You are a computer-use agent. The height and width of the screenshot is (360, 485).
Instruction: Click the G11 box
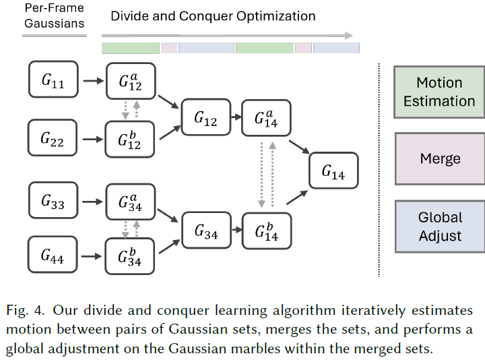(53, 80)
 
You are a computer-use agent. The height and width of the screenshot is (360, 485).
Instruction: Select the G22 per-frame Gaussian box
(53, 138)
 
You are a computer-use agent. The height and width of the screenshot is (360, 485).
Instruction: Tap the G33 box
(53, 200)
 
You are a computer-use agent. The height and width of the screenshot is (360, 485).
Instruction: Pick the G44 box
(53, 254)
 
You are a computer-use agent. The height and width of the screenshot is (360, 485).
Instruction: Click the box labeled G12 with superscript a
(131, 81)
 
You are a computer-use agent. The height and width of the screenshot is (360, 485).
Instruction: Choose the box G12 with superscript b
(129, 140)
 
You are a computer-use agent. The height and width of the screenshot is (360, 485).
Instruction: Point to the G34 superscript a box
(131, 202)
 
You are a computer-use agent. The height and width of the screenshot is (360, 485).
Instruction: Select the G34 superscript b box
(129, 256)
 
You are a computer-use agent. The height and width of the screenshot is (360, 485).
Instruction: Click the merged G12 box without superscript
(206, 117)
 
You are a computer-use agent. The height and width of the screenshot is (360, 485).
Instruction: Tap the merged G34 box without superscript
(206, 230)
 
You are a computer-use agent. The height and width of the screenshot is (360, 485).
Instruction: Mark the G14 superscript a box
(266, 118)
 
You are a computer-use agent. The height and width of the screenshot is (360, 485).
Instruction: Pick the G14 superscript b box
(267, 231)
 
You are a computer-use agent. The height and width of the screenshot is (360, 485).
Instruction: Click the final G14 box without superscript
(333, 171)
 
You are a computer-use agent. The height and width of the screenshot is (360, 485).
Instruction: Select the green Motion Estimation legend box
(439, 92)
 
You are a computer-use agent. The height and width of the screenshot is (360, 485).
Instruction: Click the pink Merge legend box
(440, 158)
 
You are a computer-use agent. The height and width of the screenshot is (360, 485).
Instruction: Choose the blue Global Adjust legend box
(440, 227)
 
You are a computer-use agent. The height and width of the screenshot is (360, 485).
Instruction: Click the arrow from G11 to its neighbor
(94, 81)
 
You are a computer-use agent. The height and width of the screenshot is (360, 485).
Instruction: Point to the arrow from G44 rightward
(92, 256)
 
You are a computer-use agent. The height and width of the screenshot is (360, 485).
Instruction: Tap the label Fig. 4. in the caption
(25, 310)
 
